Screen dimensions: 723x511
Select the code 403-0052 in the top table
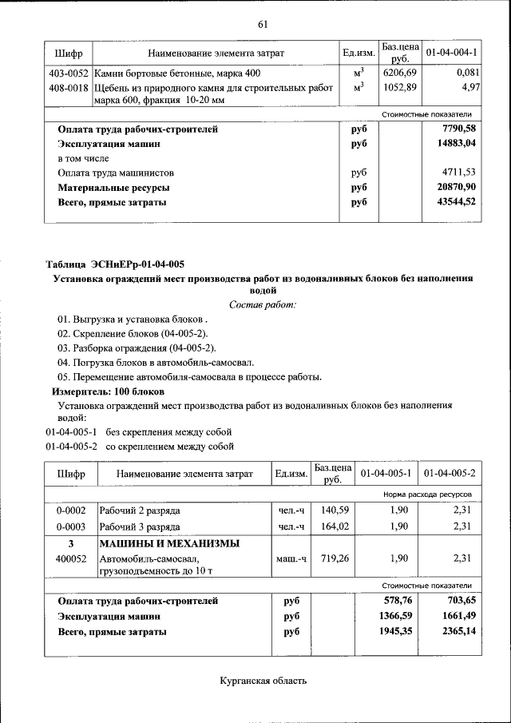click(69, 73)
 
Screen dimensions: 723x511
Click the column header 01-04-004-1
click(451, 53)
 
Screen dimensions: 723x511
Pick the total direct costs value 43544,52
click(453, 202)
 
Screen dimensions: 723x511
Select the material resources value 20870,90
click(453, 187)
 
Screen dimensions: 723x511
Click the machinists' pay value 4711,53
click(458, 173)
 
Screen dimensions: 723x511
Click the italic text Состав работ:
click(263, 304)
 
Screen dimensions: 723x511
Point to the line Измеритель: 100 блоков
click(108, 392)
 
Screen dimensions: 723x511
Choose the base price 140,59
click(331, 510)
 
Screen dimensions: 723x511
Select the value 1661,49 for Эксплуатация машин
click(455, 617)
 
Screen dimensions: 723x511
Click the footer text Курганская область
click(263, 681)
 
